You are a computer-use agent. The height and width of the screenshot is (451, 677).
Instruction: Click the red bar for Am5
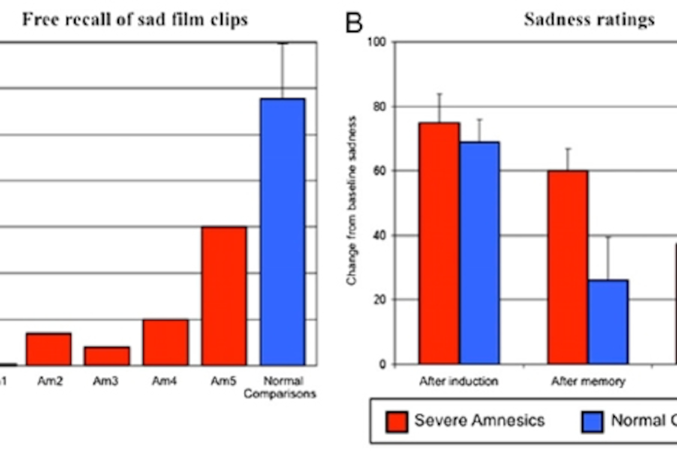[224, 296]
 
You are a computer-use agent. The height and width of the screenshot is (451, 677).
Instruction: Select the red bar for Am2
[48, 349]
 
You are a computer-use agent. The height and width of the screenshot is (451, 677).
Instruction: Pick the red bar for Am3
[107, 356]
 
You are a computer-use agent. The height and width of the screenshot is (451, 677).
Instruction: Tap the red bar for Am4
[166, 342]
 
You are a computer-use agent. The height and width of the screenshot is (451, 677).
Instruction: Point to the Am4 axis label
[164, 381]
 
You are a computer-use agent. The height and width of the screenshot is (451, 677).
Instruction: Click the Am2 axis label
[50, 381]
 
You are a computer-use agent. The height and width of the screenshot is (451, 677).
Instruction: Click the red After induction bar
[439, 243]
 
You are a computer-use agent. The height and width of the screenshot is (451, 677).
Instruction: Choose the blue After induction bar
[480, 253]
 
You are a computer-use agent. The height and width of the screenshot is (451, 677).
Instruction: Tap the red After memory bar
[568, 268]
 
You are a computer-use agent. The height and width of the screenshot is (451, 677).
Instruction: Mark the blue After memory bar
[608, 322]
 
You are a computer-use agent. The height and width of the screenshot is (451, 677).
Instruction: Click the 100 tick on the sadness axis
[377, 42]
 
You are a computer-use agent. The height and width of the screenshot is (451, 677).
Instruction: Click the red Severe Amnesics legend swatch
[397, 422]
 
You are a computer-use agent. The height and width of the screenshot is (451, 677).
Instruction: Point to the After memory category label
[588, 381]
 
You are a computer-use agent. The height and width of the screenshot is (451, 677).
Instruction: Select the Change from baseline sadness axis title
[352, 200]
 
